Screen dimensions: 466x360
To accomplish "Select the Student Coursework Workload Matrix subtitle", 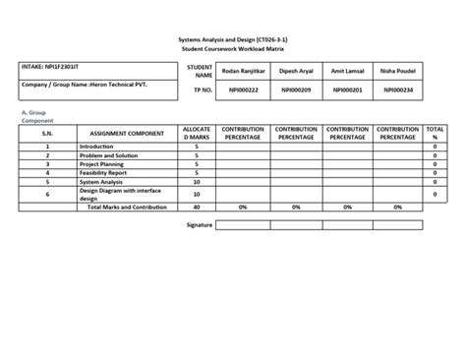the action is pyautogui.click(x=233, y=47).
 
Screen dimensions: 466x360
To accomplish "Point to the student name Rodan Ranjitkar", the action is pyautogui.click(x=243, y=71).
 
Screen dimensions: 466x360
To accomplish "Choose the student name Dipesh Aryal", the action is pyautogui.click(x=296, y=71).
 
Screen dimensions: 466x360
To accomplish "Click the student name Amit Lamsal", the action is pyautogui.click(x=347, y=71).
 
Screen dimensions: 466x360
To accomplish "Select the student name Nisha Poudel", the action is pyautogui.click(x=398, y=71).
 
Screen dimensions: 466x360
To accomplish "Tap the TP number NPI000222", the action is pyautogui.click(x=243, y=90).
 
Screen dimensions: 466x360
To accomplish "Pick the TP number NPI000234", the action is pyautogui.click(x=398, y=90).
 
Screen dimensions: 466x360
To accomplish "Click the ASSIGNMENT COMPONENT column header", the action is pyautogui.click(x=126, y=133).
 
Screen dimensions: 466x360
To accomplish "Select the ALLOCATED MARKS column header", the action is pyautogui.click(x=197, y=133).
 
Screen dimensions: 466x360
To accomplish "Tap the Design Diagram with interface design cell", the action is pyautogui.click(x=119, y=195).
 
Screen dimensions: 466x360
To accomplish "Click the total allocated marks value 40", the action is pyautogui.click(x=197, y=208).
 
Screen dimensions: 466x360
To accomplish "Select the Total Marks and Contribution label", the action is pyautogui.click(x=127, y=208).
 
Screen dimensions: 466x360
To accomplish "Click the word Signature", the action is pyautogui.click(x=200, y=225).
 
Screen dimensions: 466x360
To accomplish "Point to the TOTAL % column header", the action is pyautogui.click(x=435, y=133).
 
